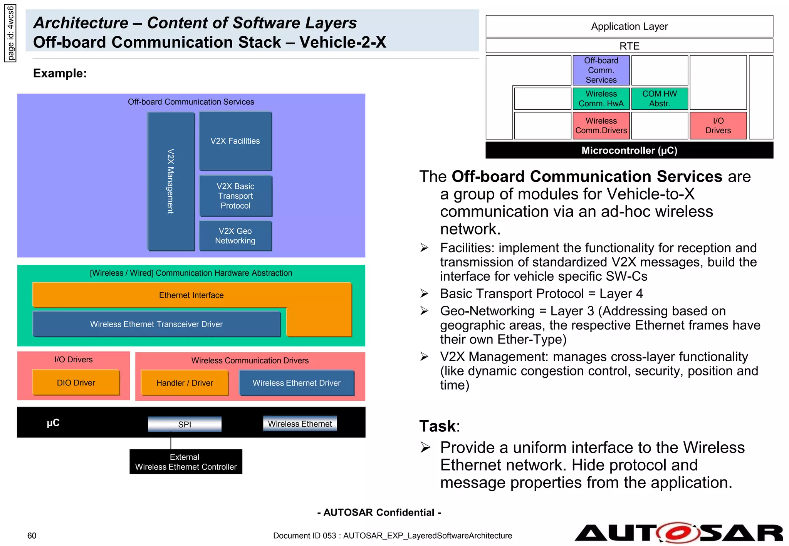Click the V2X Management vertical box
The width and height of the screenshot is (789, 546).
171,181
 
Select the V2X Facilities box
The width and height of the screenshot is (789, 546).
235,141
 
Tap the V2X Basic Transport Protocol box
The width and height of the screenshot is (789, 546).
235,196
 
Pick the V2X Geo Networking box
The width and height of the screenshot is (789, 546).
235,236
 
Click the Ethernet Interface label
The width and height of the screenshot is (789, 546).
191,295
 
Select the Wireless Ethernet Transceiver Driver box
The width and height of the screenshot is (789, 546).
156,324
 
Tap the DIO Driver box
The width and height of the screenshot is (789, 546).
76,383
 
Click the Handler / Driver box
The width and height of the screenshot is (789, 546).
185,383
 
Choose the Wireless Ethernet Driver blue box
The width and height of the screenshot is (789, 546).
296,383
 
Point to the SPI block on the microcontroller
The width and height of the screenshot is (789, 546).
185,424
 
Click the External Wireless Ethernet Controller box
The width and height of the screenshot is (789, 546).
186,462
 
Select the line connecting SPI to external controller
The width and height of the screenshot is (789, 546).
171,441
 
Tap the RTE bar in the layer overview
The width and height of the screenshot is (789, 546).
629,46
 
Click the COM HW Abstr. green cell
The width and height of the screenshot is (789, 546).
659,99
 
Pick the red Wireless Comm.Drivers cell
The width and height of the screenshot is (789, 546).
601,126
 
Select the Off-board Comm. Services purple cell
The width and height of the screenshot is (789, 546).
601,70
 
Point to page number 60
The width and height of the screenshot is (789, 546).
32,536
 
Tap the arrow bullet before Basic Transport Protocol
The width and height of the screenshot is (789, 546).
424,294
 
